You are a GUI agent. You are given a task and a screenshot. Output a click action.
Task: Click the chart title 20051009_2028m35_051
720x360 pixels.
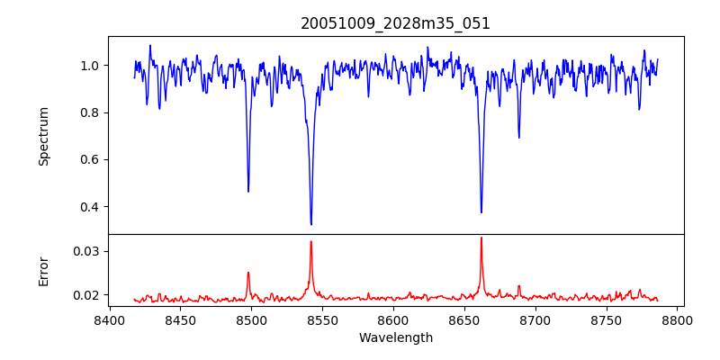(x=395, y=23)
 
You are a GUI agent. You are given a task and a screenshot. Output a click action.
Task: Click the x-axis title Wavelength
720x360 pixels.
(x=395, y=337)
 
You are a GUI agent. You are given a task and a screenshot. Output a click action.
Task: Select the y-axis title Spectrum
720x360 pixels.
(x=44, y=136)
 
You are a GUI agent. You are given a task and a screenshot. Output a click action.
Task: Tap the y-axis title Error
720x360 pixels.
(x=44, y=271)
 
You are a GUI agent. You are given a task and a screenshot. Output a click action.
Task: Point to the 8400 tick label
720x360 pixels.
(x=109, y=320)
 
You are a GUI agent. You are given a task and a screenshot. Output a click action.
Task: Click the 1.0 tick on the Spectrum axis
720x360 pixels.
(x=90, y=66)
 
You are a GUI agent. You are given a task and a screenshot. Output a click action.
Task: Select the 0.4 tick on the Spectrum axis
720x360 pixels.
(x=90, y=207)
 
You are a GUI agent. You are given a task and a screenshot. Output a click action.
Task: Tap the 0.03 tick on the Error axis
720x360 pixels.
(x=86, y=251)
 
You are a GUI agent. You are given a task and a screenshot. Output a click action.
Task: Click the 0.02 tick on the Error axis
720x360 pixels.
(x=86, y=295)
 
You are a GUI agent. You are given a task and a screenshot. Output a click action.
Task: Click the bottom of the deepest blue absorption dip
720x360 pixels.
(x=311, y=224)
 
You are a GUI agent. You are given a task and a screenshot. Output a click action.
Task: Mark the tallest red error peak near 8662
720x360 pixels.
(x=481, y=238)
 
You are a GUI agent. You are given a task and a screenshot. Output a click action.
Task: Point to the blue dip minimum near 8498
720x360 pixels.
(x=248, y=191)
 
